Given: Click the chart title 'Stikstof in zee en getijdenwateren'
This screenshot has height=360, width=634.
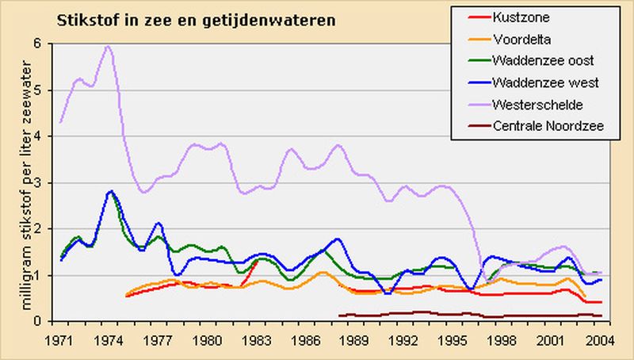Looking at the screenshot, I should point(195,19).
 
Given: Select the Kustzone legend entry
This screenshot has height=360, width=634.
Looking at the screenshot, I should point(521,17).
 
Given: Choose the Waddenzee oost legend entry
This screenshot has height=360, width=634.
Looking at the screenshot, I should point(542,60).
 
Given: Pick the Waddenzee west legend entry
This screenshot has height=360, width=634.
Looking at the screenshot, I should point(543,82).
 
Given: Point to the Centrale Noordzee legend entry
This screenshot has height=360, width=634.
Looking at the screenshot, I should point(548,125).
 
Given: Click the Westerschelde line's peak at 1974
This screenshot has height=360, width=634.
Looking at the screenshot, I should point(108,46).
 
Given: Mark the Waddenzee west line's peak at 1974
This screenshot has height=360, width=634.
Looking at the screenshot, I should point(111,191).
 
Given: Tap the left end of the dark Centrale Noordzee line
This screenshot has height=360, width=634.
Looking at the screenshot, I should point(339,316).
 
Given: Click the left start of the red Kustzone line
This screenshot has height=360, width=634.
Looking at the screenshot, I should point(126,296).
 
